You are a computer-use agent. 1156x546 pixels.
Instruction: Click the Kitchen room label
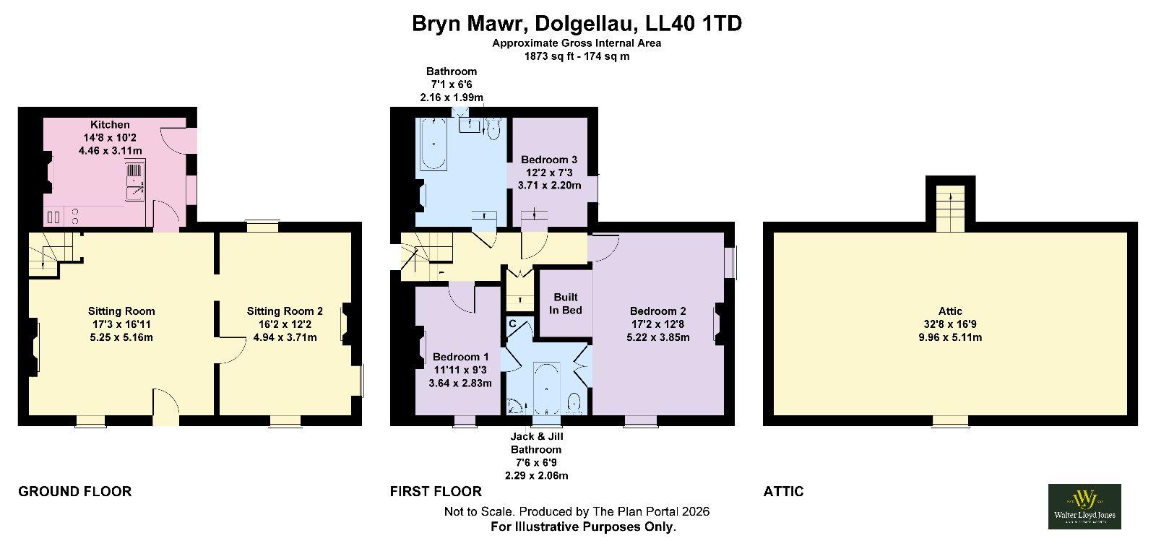pyautogui.click(x=110, y=124)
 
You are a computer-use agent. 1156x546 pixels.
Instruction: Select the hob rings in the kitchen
pyautogui.click(x=75, y=216)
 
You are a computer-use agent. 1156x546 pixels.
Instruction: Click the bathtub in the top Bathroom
pyautogui.click(x=433, y=144)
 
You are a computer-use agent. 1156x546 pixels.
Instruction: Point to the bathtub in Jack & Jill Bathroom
pyautogui.click(x=546, y=388)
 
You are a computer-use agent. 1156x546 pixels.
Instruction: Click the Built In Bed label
pyautogui.click(x=566, y=303)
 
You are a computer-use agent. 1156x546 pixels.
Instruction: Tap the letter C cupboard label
pyautogui.click(x=512, y=324)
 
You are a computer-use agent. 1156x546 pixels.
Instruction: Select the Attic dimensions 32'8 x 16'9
pyautogui.click(x=950, y=324)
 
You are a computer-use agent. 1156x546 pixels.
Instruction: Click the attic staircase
pyautogui.click(x=951, y=209)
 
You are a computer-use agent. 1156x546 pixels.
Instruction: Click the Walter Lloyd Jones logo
pyautogui.click(x=1084, y=506)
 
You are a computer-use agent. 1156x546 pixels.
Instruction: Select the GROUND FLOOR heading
pyautogui.click(x=75, y=491)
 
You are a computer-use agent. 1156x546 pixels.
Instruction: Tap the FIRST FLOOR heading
pyautogui.click(x=436, y=491)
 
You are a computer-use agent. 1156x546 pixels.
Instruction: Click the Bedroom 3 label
pyautogui.click(x=549, y=160)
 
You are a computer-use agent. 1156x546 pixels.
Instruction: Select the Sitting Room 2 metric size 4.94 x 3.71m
pyautogui.click(x=285, y=337)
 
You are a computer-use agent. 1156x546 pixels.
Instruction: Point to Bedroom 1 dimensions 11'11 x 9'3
pyautogui.click(x=460, y=370)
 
